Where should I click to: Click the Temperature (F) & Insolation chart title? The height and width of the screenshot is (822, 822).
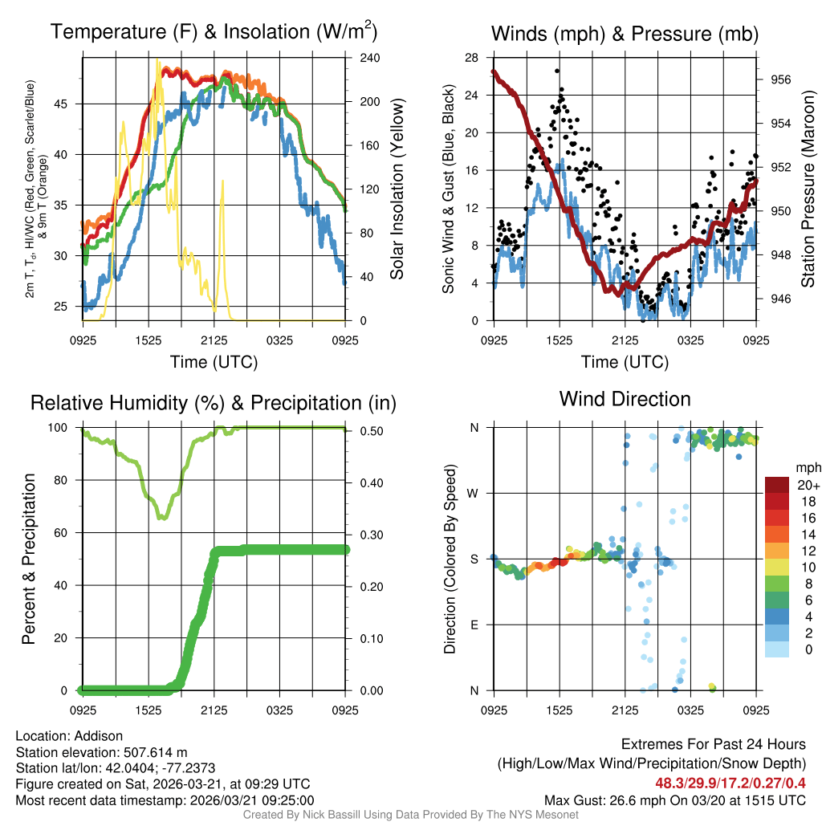[214, 32]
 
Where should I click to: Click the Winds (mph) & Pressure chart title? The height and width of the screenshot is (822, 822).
[625, 34]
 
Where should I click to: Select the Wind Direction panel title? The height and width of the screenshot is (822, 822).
[625, 399]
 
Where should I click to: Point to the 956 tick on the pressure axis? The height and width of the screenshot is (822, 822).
[780, 79]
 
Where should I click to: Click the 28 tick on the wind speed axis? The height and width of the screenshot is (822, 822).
[471, 58]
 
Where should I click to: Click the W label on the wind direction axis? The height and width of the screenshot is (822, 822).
[473, 493]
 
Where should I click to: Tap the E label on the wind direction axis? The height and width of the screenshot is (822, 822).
[474, 625]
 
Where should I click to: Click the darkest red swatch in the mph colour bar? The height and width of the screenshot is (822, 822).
[777, 485]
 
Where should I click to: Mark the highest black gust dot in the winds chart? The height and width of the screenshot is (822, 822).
[557, 71]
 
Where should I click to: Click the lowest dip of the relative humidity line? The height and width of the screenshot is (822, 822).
[163, 518]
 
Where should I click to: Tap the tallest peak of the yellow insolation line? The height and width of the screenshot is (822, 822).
[157, 60]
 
